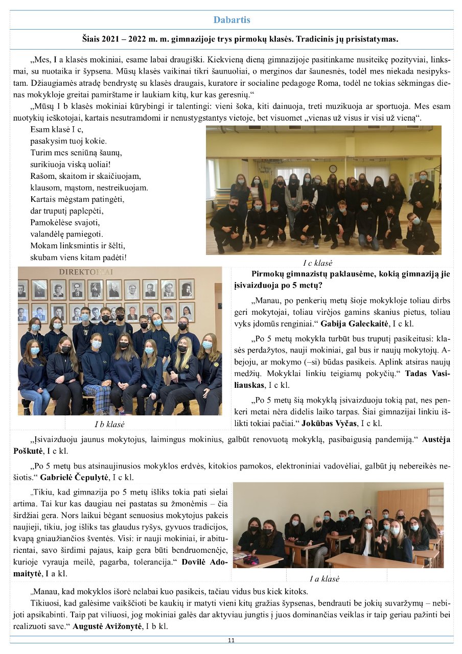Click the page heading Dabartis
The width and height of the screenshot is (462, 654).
232,20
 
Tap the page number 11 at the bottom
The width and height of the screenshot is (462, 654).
231,640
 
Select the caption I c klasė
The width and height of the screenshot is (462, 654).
317,263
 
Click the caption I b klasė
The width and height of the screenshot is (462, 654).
110,424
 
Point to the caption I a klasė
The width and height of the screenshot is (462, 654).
325,578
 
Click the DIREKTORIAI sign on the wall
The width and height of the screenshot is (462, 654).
86,272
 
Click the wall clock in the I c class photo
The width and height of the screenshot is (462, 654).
333,169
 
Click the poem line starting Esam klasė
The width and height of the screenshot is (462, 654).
56,129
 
